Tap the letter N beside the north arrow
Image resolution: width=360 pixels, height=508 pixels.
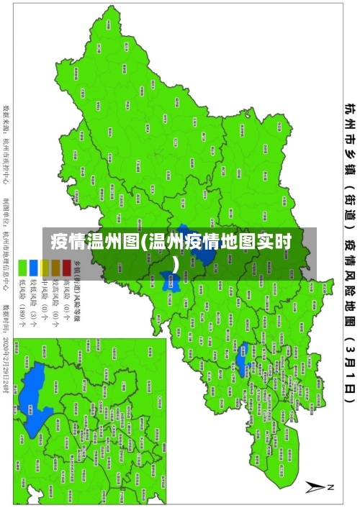(x=332, y=487)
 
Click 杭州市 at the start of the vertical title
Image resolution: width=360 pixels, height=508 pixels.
(x=348, y=119)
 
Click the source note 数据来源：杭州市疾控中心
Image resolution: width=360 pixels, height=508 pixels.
(x=7, y=140)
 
